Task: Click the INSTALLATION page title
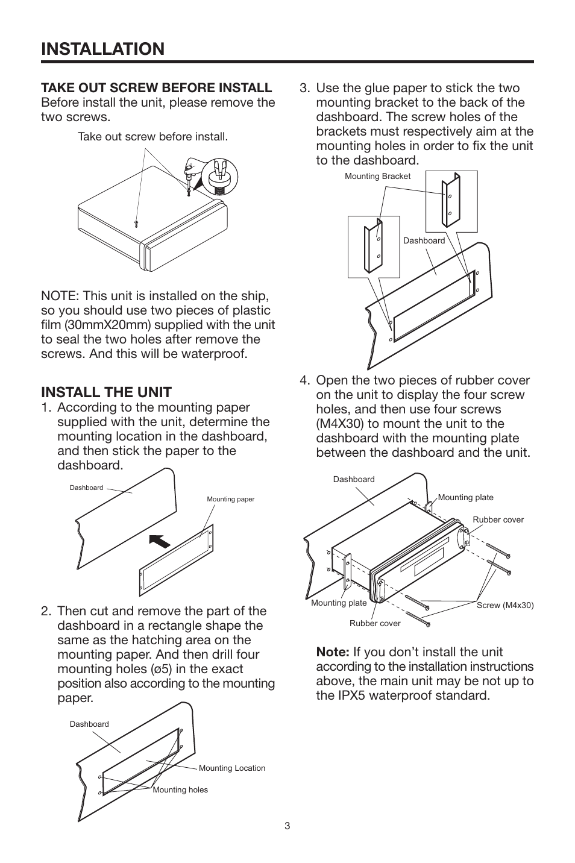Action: pyautogui.click(x=102, y=49)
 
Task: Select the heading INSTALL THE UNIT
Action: pyautogui.click(x=106, y=392)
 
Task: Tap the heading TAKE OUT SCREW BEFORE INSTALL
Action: pyautogui.click(x=156, y=88)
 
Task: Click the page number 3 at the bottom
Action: pyautogui.click(x=287, y=826)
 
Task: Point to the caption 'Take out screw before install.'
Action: pyautogui.click(x=152, y=137)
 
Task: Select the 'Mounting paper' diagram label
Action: pyautogui.click(x=230, y=499)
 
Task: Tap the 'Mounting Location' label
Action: pyautogui.click(x=231, y=768)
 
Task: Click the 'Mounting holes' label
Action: pyautogui.click(x=180, y=789)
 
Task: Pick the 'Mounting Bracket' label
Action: pyautogui.click(x=377, y=177)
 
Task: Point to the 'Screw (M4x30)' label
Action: pyautogui.click(x=505, y=605)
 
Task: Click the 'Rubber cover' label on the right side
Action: pyautogui.click(x=498, y=519)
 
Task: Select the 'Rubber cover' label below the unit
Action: pyautogui.click(x=375, y=623)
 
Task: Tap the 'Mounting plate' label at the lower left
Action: pyautogui.click(x=339, y=603)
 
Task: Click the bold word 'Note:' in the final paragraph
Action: pyautogui.click(x=333, y=652)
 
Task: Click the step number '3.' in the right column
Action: pyautogui.click(x=305, y=88)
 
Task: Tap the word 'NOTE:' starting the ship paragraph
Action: pyautogui.click(x=60, y=296)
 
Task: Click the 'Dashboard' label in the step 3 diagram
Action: pyautogui.click(x=424, y=240)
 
